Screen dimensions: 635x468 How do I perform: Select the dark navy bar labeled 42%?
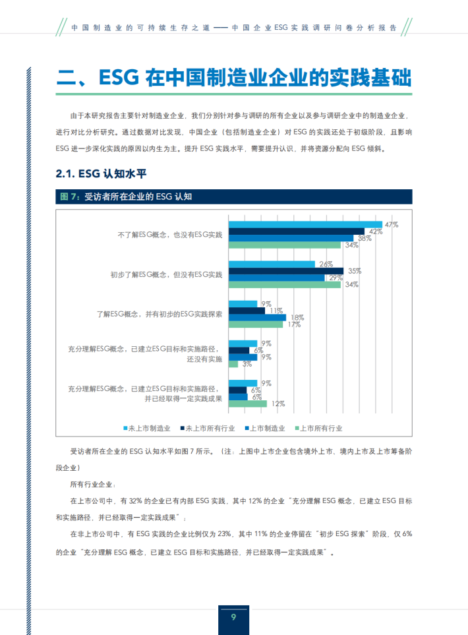pyautogui.click(x=296, y=231)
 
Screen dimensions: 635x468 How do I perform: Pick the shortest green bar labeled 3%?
pyautogui.click(x=233, y=364)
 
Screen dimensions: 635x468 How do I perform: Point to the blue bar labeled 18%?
pyautogui.click(x=257, y=317)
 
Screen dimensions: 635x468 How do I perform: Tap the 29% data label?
pyautogui.click(x=336, y=278)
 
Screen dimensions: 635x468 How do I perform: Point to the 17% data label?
pyautogui.click(x=294, y=324)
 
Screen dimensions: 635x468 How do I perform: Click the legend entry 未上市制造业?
pyautogui.click(x=147, y=429)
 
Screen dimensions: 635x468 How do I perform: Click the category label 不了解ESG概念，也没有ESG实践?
pyautogui.click(x=170, y=235)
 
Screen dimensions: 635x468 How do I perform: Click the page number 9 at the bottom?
pyautogui.click(x=233, y=617)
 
